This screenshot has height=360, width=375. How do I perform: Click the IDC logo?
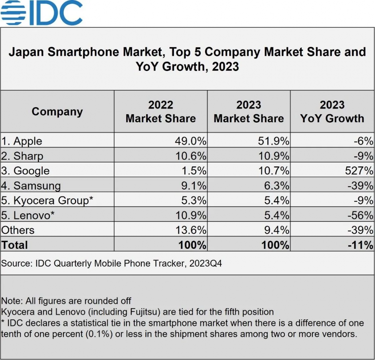tap(41, 13)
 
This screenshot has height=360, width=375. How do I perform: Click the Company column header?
tap(57, 112)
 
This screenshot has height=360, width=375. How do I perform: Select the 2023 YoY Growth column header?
tap(332, 112)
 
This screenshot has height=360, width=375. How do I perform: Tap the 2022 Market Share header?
tap(160, 112)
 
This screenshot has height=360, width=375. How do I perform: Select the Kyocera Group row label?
tap(48, 200)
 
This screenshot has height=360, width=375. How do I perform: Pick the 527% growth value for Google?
tap(360, 171)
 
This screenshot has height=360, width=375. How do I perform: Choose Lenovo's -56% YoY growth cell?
tap(360, 215)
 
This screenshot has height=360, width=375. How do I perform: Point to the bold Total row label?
tap(15, 245)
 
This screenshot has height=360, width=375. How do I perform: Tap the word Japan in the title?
tap(26, 52)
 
